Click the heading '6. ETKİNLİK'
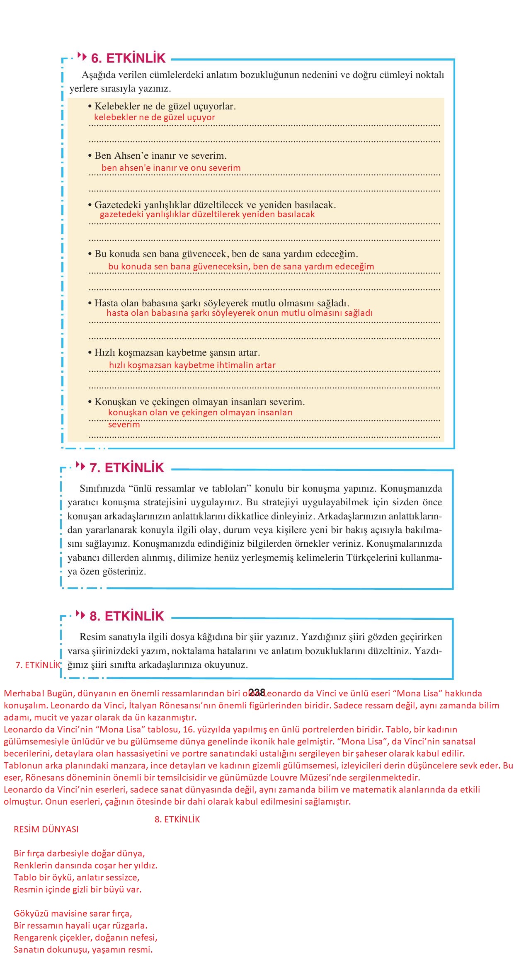tap(128, 58)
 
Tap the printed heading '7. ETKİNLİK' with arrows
tap(127, 468)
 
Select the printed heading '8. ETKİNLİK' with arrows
tap(127, 616)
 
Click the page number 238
tap(257, 692)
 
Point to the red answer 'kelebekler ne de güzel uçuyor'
tap(155, 117)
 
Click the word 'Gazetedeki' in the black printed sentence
tap(117, 205)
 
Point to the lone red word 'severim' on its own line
tap(124, 424)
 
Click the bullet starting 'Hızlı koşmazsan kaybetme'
tap(174, 353)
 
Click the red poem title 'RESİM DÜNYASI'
tap(46, 829)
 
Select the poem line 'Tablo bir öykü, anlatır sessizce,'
tap(76, 877)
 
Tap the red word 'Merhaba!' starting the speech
tap(21, 693)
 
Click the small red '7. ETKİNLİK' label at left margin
tap(38, 665)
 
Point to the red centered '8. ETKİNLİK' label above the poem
tap(177, 820)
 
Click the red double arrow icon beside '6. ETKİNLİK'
tap(82, 56)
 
